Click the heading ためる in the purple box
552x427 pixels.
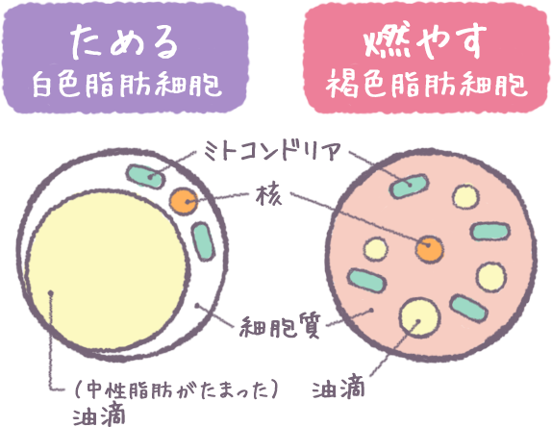[x=124, y=41]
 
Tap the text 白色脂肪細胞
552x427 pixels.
[x=127, y=85]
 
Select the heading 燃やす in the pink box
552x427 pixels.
[x=425, y=40]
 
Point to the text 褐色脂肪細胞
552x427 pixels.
[x=427, y=85]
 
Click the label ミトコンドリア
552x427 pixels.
[x=272, y=151]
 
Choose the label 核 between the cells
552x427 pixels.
[x=269, y=195]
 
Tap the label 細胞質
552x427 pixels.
[x=280, y=326]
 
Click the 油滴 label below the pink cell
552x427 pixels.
[x=338, y=389]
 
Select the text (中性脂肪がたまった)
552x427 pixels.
[x=176, y=389]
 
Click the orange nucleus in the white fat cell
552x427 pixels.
[x=183, y=201]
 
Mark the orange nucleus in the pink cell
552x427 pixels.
[x=429, y=249]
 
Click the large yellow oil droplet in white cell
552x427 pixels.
[x=108, y=271]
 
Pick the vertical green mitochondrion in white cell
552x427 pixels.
[x=203, y=241]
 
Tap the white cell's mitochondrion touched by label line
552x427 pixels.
[x=145, y=176]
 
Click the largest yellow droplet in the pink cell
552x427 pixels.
[x=420, y=317]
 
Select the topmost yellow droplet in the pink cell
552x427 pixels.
[x=465, y=196]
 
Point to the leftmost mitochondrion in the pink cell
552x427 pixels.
[x=366, y=281]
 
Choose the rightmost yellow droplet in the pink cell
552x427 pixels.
[x=491, y=277]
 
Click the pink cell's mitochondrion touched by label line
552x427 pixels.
[x=409, y=186]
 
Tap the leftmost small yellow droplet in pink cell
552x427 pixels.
[x=376, y=249]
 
